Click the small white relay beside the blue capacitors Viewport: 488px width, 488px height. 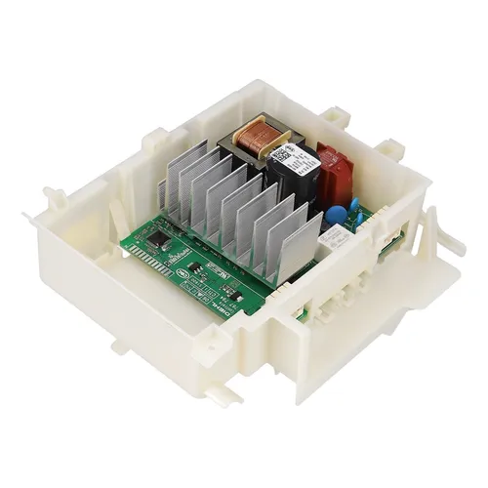coord(337,238)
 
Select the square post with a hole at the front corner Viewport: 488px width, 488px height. coord(285,317)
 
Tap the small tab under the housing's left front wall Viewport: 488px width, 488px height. coord(117,345)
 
